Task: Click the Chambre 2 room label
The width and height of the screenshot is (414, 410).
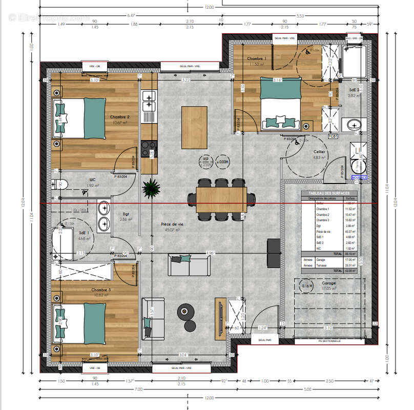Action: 120,117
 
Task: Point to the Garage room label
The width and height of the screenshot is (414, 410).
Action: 328,283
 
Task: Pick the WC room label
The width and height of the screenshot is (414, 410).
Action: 93,179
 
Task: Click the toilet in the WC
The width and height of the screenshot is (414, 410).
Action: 57,185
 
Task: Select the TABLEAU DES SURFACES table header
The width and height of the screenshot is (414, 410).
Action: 328,193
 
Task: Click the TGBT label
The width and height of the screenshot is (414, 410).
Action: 334,136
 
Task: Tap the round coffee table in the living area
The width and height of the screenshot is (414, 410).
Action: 185,310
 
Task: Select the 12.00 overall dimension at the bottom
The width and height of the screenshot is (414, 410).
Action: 208,398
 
